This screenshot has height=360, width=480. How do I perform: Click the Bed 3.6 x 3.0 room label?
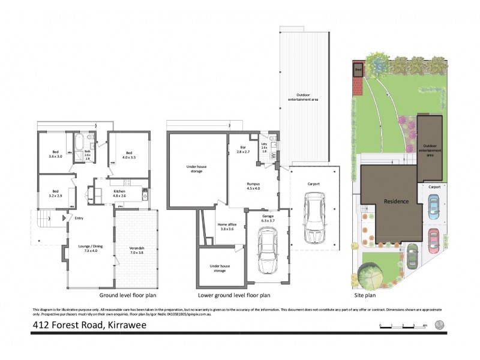click(55, 154)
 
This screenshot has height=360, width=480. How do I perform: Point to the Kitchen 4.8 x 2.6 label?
click(119, 193)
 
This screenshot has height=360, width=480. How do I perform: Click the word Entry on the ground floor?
click(79, 218)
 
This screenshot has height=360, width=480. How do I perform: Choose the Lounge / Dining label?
click(89, 247)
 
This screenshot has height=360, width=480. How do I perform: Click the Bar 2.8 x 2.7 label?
click(243, 149)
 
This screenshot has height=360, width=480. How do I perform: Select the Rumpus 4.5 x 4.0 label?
click(253, 186)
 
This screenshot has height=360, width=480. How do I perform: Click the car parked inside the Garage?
click(267, 251)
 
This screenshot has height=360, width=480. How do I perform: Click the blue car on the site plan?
click(433, 206)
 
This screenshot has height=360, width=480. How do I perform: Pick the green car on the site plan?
click(412, 257)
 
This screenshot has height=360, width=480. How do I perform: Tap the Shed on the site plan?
click(358, 70)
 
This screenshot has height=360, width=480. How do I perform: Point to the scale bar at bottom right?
click(403, 325)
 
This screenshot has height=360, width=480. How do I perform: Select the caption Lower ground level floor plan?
click(234, 295)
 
